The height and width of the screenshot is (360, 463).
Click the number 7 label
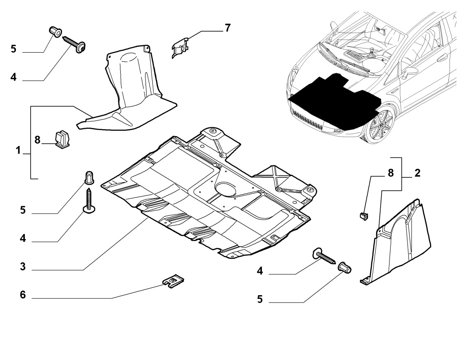[x=227, y=28]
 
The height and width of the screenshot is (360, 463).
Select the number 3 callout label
[x=23, y=267]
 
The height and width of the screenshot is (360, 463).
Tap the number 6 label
[x=23, y=295]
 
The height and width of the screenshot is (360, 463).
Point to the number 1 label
[x=18, y=151]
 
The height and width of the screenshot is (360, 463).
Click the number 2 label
[x=417, y=173]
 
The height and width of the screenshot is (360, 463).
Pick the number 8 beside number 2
[x=390, y=173]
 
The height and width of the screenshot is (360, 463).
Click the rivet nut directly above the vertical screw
[x=89, y=178]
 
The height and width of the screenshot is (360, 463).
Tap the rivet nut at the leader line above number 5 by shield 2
[x=346, y=269]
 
